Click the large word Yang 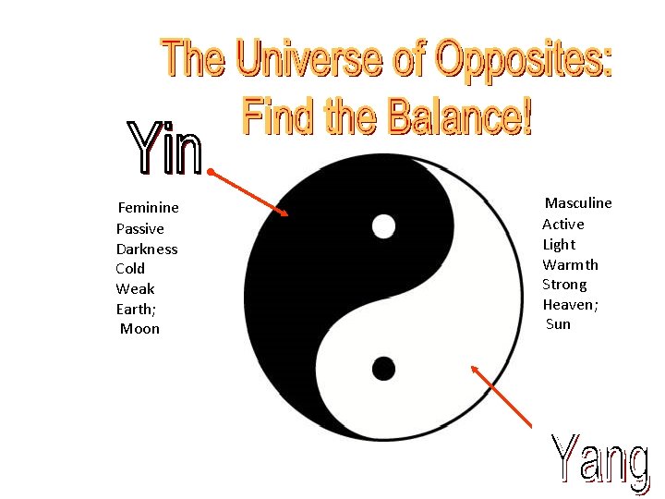599,460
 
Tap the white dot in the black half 383,225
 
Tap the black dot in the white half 383,369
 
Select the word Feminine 148,208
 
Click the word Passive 140,228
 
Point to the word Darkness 147,249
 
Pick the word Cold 130,269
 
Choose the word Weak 135,289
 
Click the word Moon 139,329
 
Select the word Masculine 578,203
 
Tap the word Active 563,224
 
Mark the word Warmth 570,264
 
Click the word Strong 564,285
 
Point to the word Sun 558,324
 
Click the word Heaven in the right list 568,304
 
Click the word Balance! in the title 460,117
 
